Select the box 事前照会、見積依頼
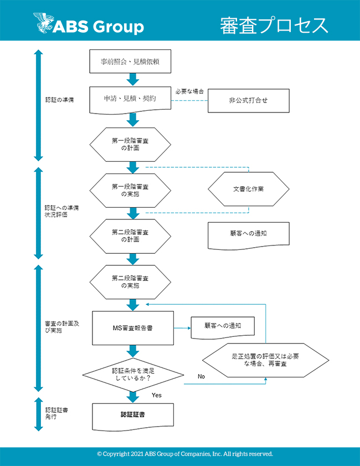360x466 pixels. (130, 62)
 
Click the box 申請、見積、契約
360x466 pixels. (130, 99)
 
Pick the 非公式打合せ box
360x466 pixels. (249, 101)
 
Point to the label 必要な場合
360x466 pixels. (189, 90)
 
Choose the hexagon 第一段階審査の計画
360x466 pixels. (130, 145)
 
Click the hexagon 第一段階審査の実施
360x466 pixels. (130, 190)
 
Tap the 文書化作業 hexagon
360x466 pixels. (249, 189)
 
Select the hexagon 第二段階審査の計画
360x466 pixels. (130, 236)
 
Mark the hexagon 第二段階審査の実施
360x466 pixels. (130, 282)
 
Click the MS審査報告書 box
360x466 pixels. (133, 327)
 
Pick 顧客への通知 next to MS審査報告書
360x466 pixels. (222, 326)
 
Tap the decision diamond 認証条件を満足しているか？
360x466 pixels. (133, 374)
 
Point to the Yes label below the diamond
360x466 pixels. (156, 395)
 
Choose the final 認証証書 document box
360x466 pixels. (133, 414)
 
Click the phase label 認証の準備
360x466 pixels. (60, 100)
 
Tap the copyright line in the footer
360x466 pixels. (185, 454)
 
